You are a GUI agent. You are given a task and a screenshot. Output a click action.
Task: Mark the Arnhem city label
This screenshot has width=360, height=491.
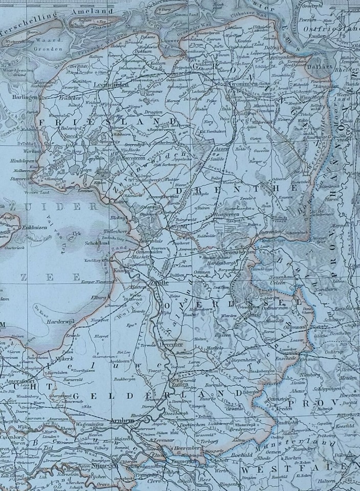point(121,420)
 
